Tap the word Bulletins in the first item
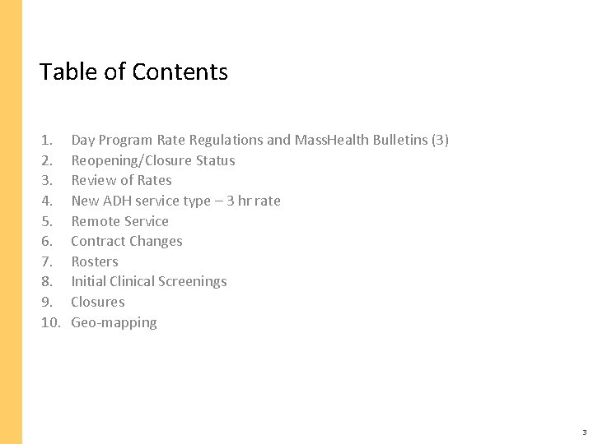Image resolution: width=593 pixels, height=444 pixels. pyautogui.click(x=399, y=140)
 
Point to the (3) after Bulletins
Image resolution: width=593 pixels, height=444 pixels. pyautogui.click(x=440, y=140)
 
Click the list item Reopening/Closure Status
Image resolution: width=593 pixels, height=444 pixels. pyautogui.click(x=153, y=160)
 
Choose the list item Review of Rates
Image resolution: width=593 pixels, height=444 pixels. pyautogui.click(x=121, y=180)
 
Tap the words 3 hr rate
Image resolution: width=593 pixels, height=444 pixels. pyautogui.click(x=253, y=201)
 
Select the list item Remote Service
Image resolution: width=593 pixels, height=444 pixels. pyautogui.click(x=119, y=221)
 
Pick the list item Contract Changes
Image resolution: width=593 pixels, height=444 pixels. pyautogui.click(x=127, y=241)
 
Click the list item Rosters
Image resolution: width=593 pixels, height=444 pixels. pyautogui.click(x=95, y=261)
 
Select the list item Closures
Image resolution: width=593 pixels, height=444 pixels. pyautogui.click(x=98, y=302)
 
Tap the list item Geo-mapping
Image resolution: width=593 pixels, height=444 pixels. pyautogui.click(x=114, y=322)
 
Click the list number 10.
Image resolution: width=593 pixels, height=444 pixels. pyautogui.click(x=50, y=322)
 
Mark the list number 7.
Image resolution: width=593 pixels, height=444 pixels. pyautogui.click(x=46, y=261)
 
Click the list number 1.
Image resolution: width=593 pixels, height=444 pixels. pyautogui.click(x=46, y=140)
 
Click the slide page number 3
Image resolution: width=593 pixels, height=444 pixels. pyautogui.click(x=584, y=432)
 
